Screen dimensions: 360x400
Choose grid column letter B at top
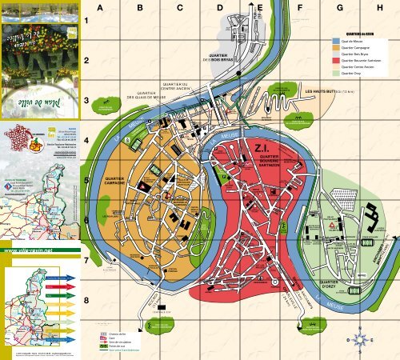(x=139, y=7)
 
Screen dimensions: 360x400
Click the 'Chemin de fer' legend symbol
(x=103, y=331)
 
